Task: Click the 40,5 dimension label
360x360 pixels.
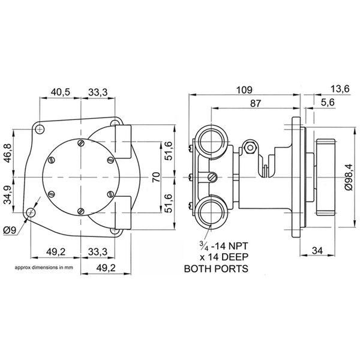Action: point(61,91)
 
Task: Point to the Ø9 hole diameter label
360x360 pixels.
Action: point(10,230)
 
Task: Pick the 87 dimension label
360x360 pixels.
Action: point(255,103)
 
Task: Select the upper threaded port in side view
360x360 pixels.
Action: point(211,142)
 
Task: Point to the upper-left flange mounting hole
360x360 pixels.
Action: point(40,128)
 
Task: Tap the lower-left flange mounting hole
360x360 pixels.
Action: point(30,212)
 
